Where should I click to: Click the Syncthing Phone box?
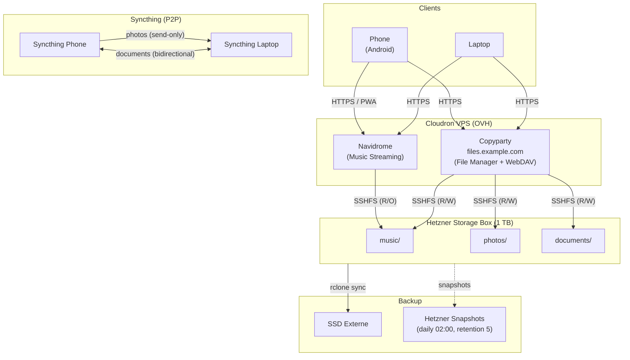coord(59,45)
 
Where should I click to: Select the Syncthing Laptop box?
coord(251,45)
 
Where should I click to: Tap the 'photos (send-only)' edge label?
coord(155,35)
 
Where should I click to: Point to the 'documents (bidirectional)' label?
coord(155,54)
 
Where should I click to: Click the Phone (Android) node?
coord(379,45)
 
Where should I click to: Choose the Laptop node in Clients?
coord(479,45)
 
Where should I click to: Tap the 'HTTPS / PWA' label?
coord(354,102)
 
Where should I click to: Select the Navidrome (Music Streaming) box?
coord(375,152)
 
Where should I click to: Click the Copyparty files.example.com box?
coord(495,152)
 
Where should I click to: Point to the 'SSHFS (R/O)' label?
coord(375,201)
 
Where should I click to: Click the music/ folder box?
coord(389,241)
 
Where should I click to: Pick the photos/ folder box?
coord(495,241)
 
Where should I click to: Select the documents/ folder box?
coord(573,241)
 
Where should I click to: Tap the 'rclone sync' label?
coord(348,288)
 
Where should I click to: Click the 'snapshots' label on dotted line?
coord(454,285)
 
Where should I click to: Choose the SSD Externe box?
coord(348,324)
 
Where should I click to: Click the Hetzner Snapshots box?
coord(454,324)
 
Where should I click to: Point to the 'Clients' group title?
coord(430,8)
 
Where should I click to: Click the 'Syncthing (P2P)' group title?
coord(155,20)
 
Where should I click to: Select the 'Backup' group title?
coord(410,301)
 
